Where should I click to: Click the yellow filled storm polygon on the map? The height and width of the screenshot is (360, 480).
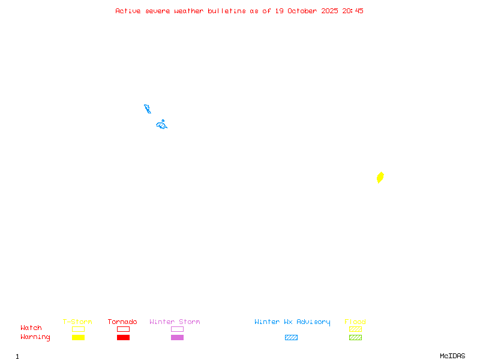(380, 178)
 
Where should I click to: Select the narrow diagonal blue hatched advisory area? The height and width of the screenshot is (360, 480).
(147, 109)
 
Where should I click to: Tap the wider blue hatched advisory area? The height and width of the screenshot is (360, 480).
(161, 125)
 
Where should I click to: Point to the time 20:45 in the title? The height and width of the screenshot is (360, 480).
(353, 11)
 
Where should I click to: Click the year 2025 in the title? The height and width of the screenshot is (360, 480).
(330, 11)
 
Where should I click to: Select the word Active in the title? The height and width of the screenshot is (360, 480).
(128, 11)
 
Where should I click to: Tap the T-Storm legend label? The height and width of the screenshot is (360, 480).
(77, 322)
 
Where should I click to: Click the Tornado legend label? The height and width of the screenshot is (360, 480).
(122, 322)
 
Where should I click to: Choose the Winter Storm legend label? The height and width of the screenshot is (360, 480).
(175, 322)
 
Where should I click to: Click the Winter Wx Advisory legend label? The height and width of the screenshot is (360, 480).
(292, 322)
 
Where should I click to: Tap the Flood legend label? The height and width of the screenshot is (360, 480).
(355, 322)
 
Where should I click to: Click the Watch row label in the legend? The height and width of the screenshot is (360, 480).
(31, 328)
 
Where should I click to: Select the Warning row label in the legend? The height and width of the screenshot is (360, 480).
(35, 337)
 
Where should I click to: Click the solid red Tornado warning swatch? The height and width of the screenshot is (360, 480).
(123, 337)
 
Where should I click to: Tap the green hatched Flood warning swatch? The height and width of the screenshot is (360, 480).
(355, 337)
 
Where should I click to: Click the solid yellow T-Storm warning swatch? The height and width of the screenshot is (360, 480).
(78, 337)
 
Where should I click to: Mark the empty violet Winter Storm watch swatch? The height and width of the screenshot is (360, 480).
(177, 329)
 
